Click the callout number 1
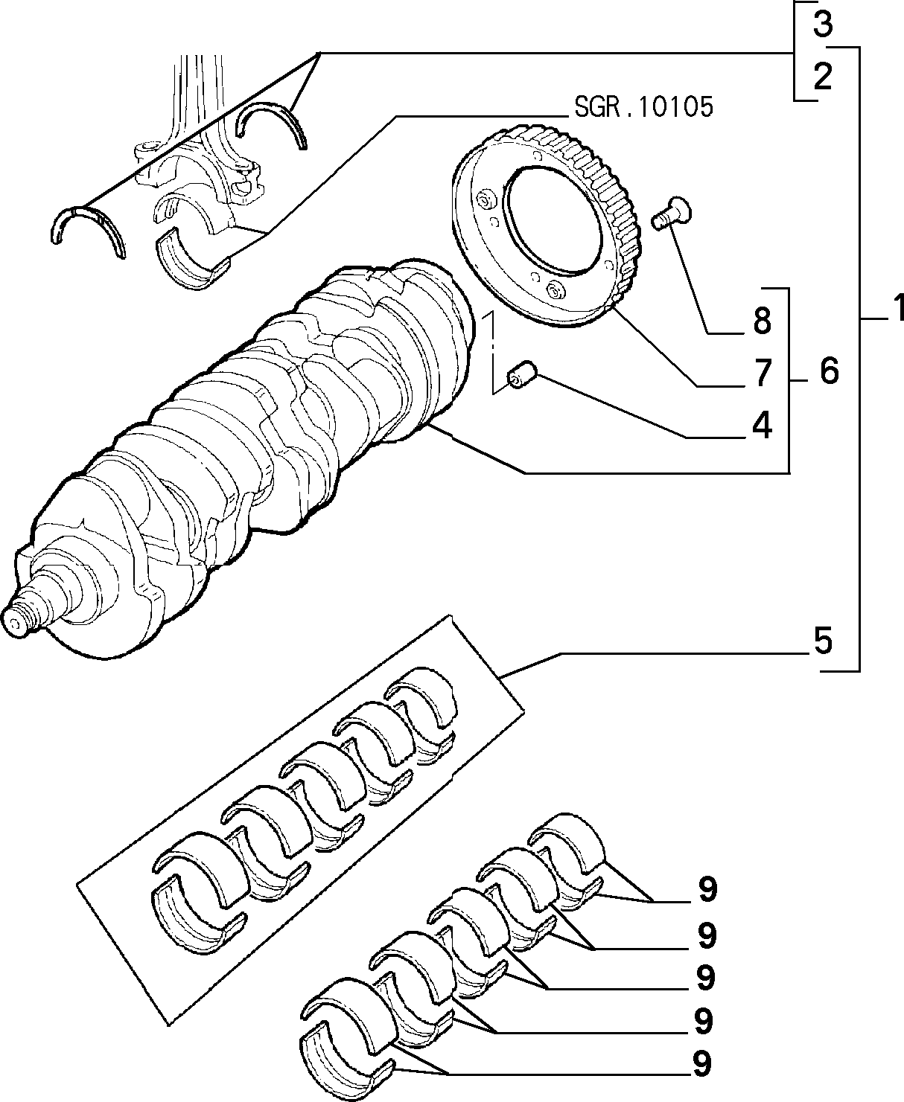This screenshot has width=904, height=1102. coord(896,308)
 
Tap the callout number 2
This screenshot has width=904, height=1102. coord(822,77)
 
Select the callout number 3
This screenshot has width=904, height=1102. coord(822,24)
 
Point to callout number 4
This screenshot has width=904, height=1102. coord(762,425)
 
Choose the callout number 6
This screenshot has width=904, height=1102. coord(829,371)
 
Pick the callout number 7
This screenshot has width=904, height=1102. coord(763,373)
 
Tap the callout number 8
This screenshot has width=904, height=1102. coord(763,320)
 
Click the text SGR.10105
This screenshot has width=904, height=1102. coord(643,107)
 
